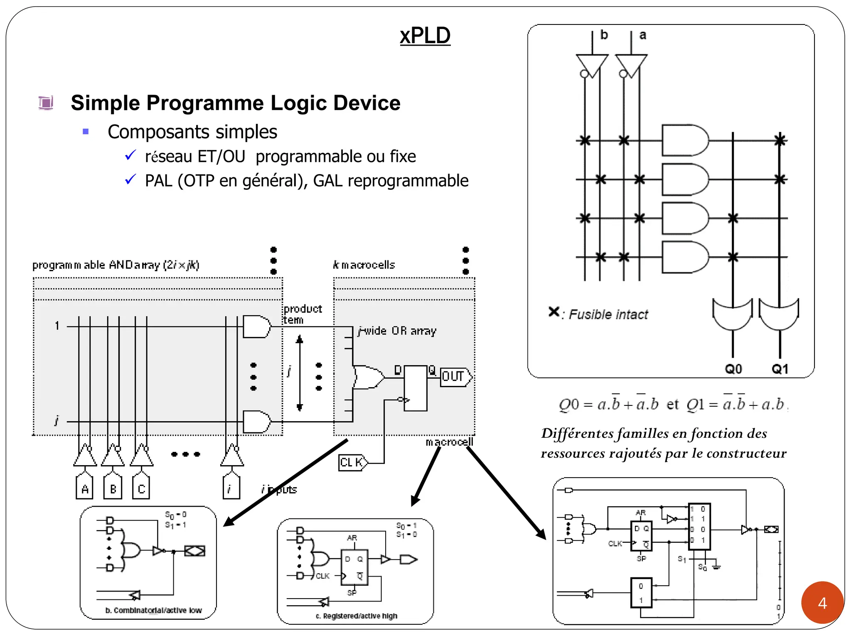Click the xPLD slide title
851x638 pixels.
pos(425,36)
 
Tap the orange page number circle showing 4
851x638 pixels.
pos(822,603)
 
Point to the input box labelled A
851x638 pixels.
pos(85,488)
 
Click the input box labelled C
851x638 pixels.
pos(141,488)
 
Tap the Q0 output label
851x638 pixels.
pos(733,369)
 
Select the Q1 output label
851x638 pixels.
pos(780,369)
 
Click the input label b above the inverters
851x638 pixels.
pos(604,35)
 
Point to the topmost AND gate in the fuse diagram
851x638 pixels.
pos(684,140)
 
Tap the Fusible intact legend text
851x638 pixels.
pos(608,314)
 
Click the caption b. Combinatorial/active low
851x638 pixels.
pos(153,610)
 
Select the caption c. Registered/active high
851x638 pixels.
pos(356,616)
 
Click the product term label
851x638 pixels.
pos(303,314)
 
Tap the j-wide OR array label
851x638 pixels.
pos(397,331)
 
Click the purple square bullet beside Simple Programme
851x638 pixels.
pos(46,103)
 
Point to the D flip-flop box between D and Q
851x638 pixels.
pos(415,388)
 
